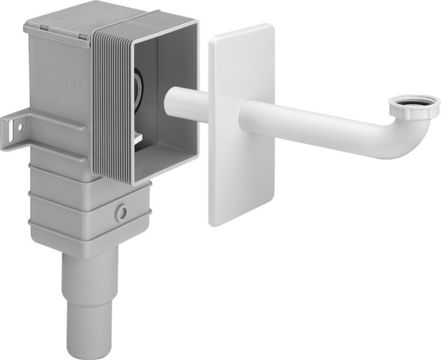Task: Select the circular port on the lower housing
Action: [121, 213]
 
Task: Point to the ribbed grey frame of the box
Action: [112, 105]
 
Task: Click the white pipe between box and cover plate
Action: [187, 103]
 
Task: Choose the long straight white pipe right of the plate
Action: [322, 127]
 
